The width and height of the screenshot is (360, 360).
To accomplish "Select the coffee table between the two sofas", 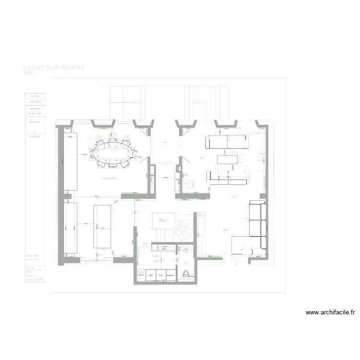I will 228,158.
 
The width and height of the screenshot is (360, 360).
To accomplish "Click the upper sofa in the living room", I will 226,142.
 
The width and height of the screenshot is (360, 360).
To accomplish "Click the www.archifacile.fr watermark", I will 331,312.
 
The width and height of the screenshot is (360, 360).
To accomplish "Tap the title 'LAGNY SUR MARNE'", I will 54,68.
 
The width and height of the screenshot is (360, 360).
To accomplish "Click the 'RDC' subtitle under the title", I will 29,73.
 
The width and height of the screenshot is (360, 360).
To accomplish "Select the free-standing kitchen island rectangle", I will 102,226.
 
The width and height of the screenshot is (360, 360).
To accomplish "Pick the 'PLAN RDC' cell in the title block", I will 35,122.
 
